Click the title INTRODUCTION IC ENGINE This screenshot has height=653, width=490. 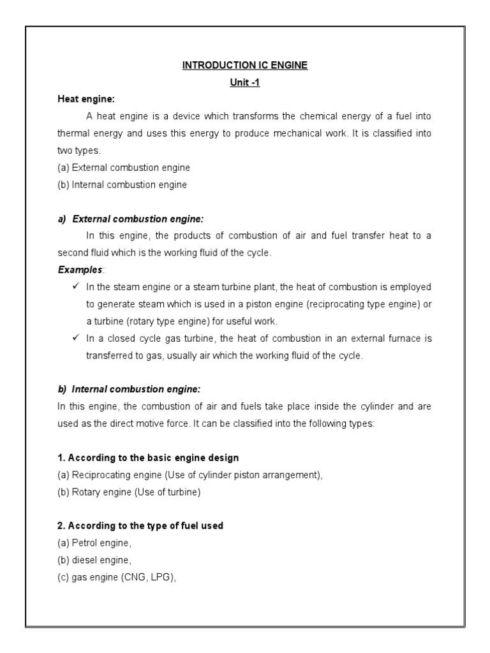tap(245, 66)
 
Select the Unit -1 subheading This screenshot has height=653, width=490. tap(245, 83)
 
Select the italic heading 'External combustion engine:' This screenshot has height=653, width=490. tap(138, 219)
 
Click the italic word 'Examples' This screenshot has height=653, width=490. tap(75, 270)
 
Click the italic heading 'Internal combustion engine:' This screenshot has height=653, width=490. tap(137, 389)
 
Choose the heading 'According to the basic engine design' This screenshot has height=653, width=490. tap(148, 458)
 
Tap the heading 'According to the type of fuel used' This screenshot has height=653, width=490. tap(140, 526)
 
